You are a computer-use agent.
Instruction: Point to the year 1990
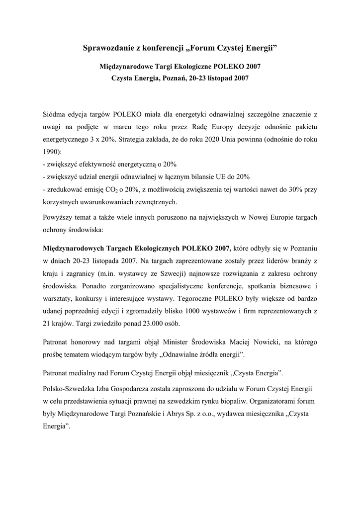[51, 153]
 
